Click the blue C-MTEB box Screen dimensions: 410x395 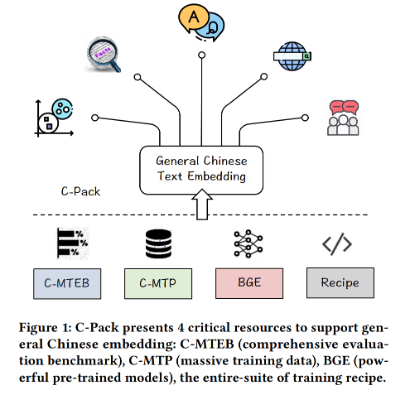coord(67,283)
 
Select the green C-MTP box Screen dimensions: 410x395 coord(158,283)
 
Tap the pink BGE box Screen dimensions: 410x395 coord(249,283)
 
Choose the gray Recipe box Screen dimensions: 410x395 coord(340,283)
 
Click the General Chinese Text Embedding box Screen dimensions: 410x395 coord(201,171)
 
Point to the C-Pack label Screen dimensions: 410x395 coord(80,191)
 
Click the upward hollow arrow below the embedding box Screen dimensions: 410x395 coord(202,205)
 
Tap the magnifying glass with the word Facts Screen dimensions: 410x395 coord(104,55)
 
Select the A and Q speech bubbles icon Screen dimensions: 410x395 coord(201,22)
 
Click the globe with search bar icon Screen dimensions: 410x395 coord(292,56)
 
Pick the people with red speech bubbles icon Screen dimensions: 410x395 coord(343,118)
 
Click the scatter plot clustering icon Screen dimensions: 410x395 coord(54,118)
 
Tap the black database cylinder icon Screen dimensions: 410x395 coord(158,243)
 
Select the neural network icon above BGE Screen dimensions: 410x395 coord(248,243)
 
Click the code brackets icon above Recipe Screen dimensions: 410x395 coord(337,244)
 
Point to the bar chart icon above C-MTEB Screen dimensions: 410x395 coord(73,243)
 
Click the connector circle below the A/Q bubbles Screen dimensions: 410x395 coord(202,55)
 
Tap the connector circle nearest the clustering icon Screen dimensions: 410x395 coord(95,118)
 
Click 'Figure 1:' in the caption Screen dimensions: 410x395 coord(46,328)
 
